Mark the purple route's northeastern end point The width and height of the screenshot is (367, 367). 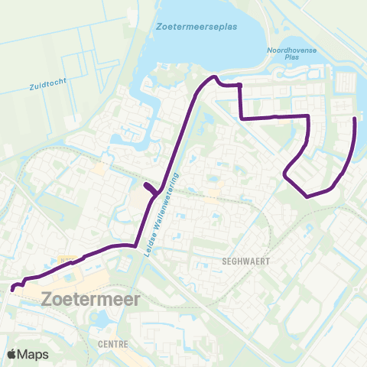coord(354,119)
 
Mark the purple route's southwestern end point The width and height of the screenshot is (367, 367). coord(12,289)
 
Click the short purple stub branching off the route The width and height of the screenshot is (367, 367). coord(149,188)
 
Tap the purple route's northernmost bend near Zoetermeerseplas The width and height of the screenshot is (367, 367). coord(214,77)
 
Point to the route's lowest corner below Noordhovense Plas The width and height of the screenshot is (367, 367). coord(307,196)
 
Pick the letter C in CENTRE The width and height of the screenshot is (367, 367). coord(100,344)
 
